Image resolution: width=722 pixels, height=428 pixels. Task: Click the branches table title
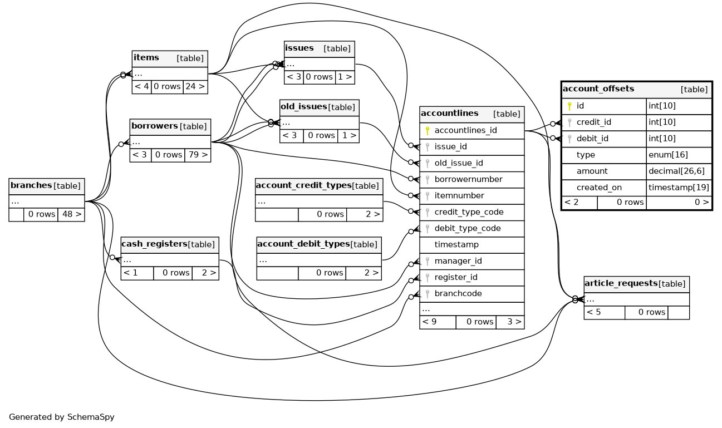pyautogui.click(x=31, y=185)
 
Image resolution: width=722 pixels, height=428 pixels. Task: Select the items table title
pyautogui.click(x=146, y=58)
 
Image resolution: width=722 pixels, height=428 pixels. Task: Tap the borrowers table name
pyautogui.click(x=155, y=126)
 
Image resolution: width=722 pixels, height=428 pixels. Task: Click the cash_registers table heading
pyautogui.click(x=154, y=244)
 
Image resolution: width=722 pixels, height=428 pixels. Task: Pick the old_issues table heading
pyautogui.click(x=303, y=106)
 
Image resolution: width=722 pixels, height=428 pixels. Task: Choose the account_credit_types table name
pyautogui.click(x=303, y=185)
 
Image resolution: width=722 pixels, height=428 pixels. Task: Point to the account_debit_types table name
pyautogui.click(x=303, y=244)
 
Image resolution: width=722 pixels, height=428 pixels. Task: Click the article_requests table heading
pyautogui.click(x=621, y=283)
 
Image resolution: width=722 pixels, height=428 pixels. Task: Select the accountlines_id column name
pyautogui.click(x=465, y=130)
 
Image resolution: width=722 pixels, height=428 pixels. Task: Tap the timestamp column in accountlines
pyautogui.click(x=456, y=244)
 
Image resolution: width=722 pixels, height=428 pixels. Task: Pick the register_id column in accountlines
pyautogui.click(x=455, y=277)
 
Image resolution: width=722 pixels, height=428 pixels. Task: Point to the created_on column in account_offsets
pyautogui.click(x=599, y=188)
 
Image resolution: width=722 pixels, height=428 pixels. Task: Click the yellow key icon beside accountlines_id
pyautogui.click(x=427, y=131)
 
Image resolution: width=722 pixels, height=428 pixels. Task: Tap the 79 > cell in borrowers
pyautogui.click(x=197, y=154)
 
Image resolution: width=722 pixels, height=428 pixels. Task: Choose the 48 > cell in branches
pyautogui.click(x=71, y=214)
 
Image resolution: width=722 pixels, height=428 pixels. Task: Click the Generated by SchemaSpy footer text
pyautogui.click(x=61, y=417)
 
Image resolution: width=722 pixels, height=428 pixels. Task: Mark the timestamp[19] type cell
pyautogui.click(x=679, y=188)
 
